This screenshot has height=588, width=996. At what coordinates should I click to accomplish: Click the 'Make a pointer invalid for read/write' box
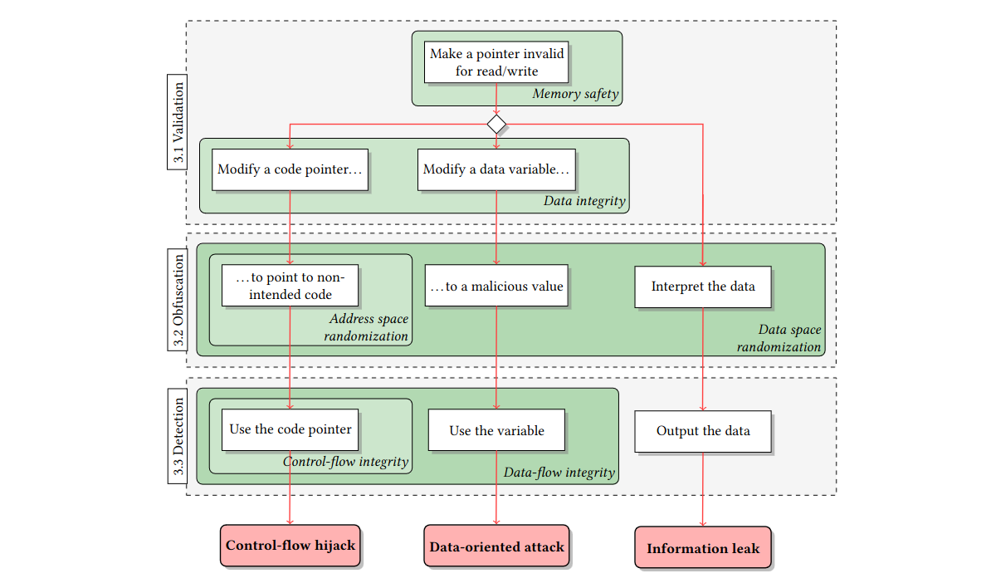point(496,62)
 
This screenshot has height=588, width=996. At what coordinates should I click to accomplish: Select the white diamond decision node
point(496,125)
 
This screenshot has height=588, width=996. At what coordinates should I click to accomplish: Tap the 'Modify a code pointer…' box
point(290,169)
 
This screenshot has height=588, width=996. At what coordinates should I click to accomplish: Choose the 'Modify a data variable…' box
point(496,169)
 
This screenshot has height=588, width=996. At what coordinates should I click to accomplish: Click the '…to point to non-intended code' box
point(290,286)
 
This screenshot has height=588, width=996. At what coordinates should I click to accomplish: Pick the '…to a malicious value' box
point(496,287)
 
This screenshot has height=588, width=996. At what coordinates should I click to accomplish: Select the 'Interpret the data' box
point(703,287)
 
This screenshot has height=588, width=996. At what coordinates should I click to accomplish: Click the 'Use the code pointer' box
point(290,429)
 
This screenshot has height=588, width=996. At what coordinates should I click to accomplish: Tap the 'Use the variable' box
point(496,430)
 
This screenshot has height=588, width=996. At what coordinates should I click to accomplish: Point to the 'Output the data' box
point(703,430)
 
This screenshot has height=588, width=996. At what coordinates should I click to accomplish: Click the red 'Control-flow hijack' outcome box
point(290,546)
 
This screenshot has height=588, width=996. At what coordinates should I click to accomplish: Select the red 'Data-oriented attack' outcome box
point(496,546)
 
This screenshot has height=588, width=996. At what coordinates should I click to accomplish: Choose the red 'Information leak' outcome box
point(703,547)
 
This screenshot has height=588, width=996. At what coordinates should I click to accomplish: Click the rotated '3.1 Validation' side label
point(178,123)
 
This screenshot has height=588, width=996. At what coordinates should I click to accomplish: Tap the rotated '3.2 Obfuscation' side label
point(178,298)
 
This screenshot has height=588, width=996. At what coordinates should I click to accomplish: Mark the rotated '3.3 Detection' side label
point(178,436)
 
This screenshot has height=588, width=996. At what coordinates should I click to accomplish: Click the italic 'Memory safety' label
point(575,94)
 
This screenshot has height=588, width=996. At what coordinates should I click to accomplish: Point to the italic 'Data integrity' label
point(584,201)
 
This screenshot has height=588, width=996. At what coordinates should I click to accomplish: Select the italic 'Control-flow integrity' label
point(345,462)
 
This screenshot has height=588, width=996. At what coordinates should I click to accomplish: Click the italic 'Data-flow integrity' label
point(559,473)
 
